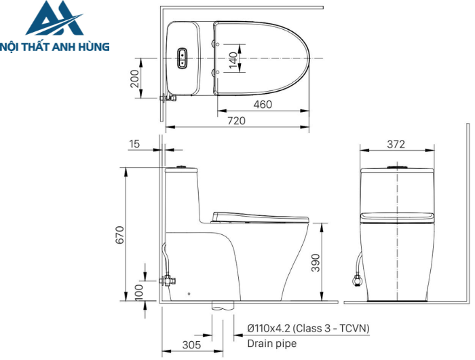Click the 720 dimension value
point(235,120)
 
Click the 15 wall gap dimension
point(134,143)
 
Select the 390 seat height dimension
point(316,262)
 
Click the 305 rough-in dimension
point(191,344)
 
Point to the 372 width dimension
point(396,144)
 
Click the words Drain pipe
point(271,344)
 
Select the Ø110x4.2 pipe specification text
point(307,328)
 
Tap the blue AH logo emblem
point(54,20)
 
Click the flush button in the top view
point(183,59)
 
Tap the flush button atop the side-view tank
point(182,165)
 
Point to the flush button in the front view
point(396,166)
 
